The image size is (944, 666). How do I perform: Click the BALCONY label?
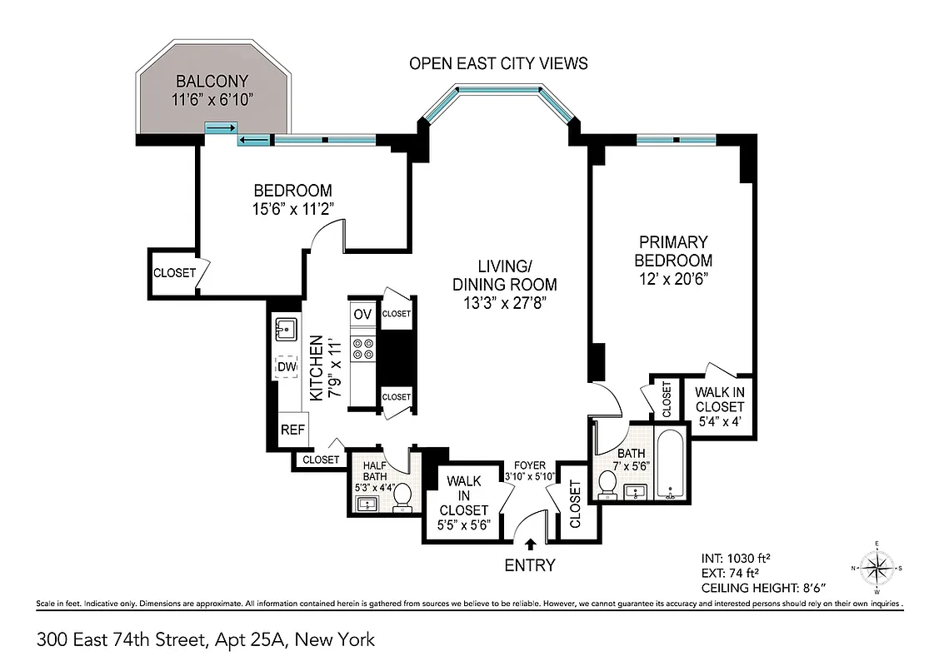coord(213,82)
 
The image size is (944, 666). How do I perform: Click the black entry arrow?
coord(531,545)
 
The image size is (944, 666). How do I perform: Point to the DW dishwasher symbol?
coord(287,366)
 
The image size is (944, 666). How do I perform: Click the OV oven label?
coord(362,314)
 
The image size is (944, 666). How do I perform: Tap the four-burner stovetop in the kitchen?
coord(362,349)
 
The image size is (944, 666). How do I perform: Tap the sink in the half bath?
coord(367,503)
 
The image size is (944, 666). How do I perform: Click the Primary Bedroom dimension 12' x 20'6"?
coord(673,278)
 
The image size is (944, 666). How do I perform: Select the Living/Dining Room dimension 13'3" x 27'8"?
coord(505,303)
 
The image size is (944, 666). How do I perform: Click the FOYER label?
coord(529,465)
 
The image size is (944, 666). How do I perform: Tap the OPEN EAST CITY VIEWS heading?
coord(498,63)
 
